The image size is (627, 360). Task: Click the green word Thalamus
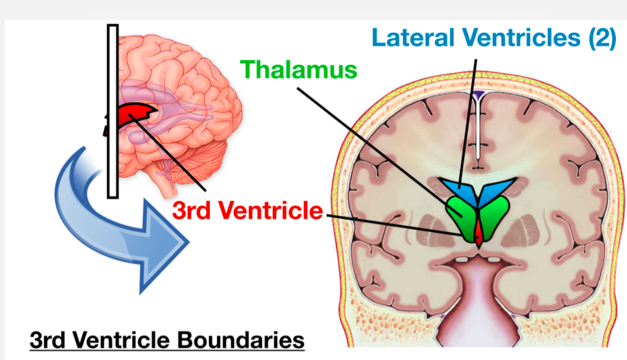[299, 69]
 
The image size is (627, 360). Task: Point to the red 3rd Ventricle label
[248, 210]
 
